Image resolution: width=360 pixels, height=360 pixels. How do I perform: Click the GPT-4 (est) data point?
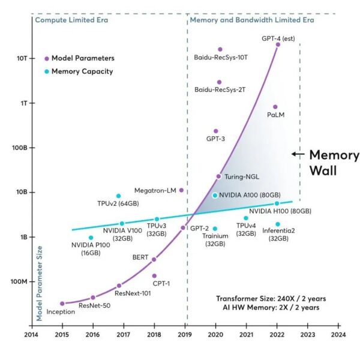(278, 44)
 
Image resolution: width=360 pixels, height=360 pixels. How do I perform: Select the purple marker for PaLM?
(275, 107)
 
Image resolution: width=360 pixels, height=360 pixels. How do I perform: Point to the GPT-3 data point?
(216, 131)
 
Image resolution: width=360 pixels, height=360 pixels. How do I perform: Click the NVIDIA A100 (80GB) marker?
(215, 196)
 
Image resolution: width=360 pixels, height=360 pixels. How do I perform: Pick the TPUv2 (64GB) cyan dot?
(118, 196)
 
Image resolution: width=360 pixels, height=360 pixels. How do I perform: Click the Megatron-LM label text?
(155, 190)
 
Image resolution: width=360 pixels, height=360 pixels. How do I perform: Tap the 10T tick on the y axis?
(21, 59)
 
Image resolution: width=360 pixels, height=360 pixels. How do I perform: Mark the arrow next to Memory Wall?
(297, 154)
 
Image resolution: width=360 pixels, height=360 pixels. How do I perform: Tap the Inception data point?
(62, 304)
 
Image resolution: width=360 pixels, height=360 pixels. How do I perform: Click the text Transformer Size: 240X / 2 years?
(268, 298)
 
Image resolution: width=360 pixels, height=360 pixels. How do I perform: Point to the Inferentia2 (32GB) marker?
(277, 224)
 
